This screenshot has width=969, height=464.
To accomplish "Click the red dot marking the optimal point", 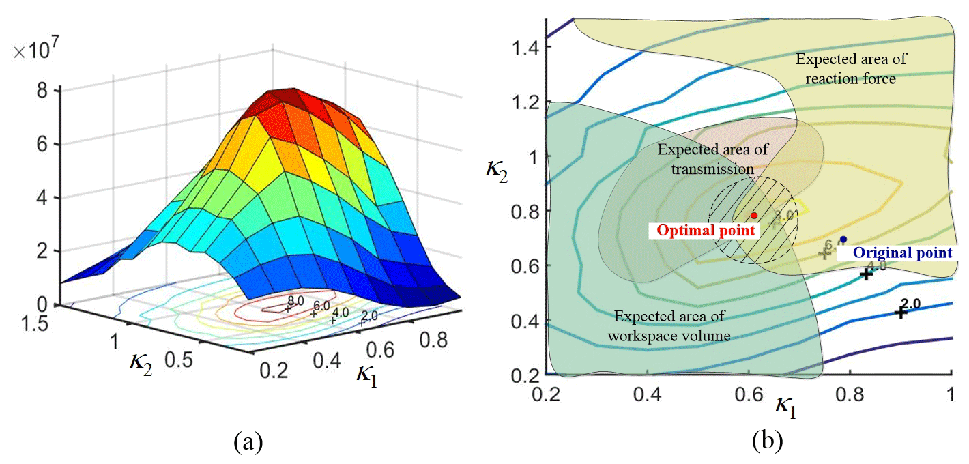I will pyautogui.click(x=754, y=216).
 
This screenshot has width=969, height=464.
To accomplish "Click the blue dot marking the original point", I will pyautogui.click(x=843, y=239).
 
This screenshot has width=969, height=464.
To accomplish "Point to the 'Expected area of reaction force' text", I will pyautogui.click(x=850, y=69).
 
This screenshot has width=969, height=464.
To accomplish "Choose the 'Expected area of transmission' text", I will pyautogui.click(x=703, y=159).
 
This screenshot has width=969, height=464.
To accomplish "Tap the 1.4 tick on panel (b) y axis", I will pyautogui.click(x=525, y=47).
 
